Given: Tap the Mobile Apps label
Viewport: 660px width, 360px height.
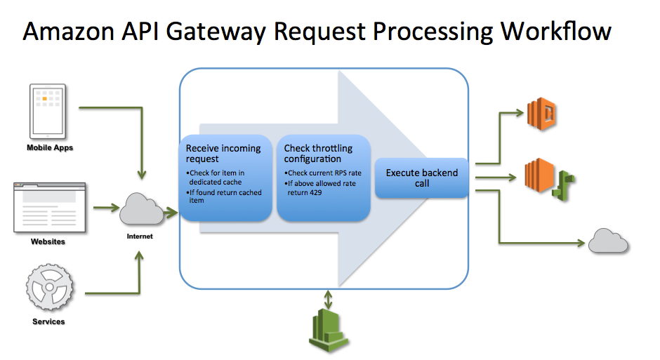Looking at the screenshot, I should coord(50,148).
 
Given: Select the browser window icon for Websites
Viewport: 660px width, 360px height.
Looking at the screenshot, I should coord(49,207).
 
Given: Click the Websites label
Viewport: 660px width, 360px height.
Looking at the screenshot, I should coord(48,241).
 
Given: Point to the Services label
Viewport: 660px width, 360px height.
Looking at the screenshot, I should coord(48,321).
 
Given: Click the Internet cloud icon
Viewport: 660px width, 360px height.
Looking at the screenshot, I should coord(140,209).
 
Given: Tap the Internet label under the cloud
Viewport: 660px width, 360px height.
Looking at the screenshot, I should coord(140,236).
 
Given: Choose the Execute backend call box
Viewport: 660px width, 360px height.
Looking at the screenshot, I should coord(421,178).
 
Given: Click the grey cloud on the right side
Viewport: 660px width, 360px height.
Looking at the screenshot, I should coord(607,241).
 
